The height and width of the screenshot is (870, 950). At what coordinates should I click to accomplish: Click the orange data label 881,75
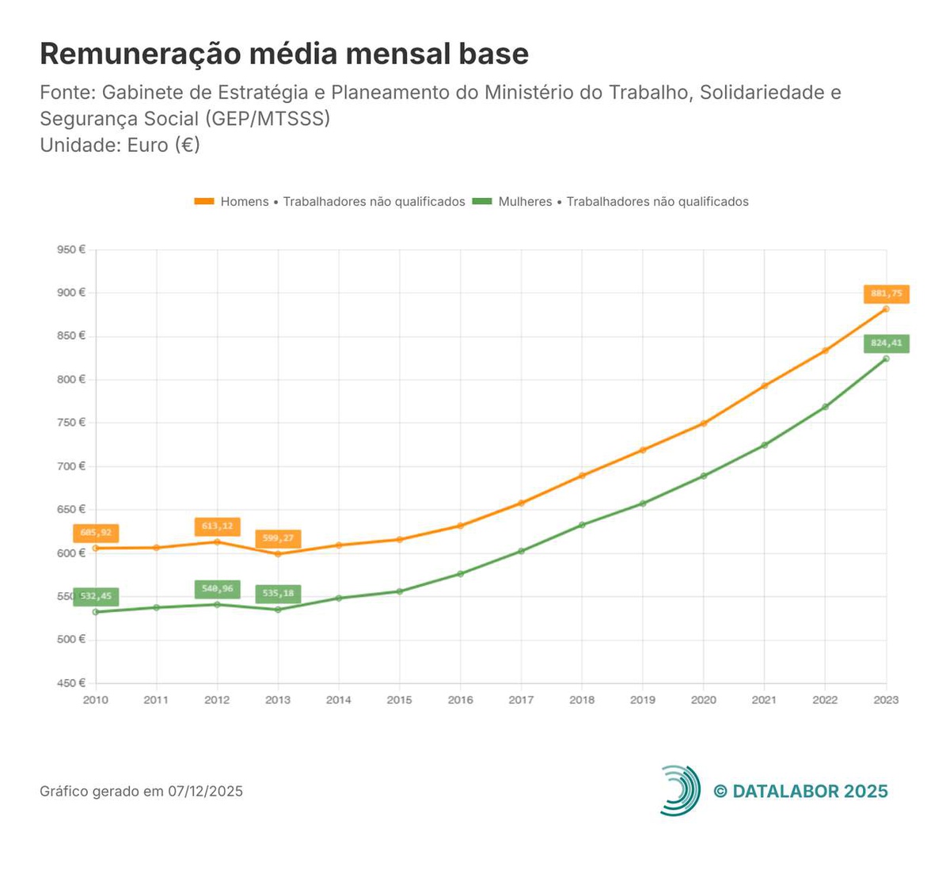point(887,294)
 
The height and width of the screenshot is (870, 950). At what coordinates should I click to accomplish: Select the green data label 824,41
point(887,344)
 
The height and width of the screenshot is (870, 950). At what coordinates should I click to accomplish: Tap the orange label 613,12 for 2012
point(217,526)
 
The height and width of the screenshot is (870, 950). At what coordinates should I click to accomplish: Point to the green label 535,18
point(278,594)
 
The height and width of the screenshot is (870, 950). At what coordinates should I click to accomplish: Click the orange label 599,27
point(278,538)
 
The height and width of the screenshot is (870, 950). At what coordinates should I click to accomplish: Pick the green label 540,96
point(217,589)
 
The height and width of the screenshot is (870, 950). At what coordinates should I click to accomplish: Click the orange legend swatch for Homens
point(204,202)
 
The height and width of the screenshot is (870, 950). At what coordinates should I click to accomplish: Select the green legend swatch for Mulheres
point(482,202)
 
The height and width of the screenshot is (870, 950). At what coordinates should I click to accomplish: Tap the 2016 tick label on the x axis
point(460,700)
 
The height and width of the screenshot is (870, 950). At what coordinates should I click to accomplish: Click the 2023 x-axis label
point(886,700)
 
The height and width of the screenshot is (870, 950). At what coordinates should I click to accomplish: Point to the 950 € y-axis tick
point(71,250)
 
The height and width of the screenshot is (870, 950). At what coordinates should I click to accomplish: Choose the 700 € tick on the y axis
point(71,466)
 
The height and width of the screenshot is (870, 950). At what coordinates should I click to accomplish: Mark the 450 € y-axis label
point(71,683)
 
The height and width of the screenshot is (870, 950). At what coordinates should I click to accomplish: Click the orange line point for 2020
point(703,424)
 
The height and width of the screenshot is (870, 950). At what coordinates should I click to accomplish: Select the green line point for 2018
point(582,525)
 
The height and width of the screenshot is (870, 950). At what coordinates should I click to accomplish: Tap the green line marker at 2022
point(825,407)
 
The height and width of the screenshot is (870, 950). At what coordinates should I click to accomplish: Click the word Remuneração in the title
point(139,54)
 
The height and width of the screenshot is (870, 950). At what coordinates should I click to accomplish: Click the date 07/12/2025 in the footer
point(205,792)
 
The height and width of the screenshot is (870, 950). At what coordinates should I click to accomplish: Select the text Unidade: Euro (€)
point(120,146)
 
